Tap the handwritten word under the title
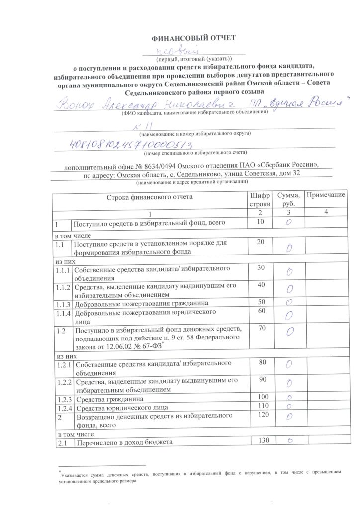pyautogui.click(x=178, y=51)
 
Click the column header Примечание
pyautogui.click(x=325, y=196)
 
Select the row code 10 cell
pyautogui.click(x=260, y=222)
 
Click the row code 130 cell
pyautogui.click(x=260, y=440)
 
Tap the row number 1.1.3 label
pyautogui.click(x=63, y=303)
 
